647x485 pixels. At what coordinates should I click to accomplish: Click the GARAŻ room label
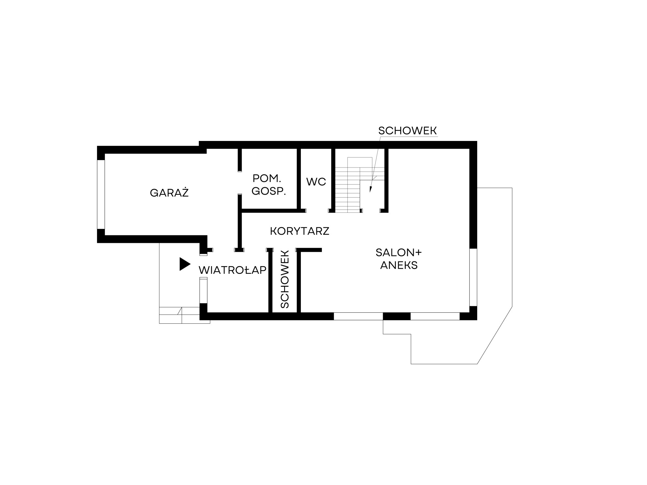click(169, 193)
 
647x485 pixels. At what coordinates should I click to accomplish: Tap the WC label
click(316, 182)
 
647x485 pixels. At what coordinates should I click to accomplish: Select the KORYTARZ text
click(300, 231)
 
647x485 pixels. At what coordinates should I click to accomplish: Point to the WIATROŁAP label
click(233, 270)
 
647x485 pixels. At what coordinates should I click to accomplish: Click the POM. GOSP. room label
click(269, 185)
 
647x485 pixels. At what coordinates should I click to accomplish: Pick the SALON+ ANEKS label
click(399, 259)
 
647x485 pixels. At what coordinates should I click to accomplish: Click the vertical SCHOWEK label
click(284, 279)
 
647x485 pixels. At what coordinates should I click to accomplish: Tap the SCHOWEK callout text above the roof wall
click(408, 131)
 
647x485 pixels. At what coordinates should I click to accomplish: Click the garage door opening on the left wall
click(101, 194)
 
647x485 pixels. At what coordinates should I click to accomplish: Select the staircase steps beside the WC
click(347, 190)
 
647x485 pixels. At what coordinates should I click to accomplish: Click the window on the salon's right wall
click(473, 277)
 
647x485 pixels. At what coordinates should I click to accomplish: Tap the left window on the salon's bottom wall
click(358, 316)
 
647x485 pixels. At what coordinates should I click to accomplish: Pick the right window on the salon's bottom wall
click(435, 316)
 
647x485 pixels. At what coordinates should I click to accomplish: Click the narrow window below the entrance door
click(203, 290)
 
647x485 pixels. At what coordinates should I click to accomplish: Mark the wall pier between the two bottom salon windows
click(397, 316)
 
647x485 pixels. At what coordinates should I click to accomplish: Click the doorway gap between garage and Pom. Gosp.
click(240, 183)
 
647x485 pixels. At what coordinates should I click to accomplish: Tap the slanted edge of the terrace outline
click(495, 335)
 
